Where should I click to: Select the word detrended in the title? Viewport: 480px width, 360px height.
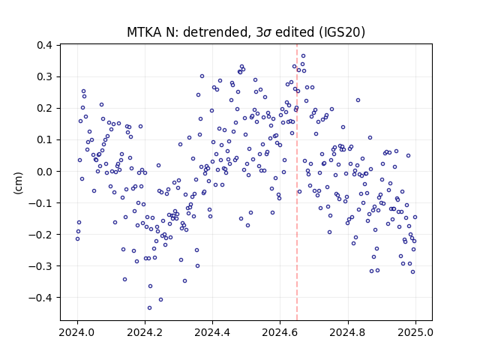216,32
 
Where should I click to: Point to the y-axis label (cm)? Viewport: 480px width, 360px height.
18,183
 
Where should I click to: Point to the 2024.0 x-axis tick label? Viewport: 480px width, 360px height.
77,332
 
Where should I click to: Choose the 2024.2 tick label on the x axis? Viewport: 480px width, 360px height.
145,332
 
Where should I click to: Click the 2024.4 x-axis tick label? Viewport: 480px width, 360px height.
212,332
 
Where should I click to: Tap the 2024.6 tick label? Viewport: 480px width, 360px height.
280,332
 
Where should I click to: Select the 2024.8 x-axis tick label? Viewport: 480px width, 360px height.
348,332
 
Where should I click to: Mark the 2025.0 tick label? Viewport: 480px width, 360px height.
415,332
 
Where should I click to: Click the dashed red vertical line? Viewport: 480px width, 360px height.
297,182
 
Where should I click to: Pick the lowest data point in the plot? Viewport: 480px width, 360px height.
149,307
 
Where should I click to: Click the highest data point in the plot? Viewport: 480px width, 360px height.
303,55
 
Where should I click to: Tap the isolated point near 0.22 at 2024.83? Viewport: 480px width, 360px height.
358,100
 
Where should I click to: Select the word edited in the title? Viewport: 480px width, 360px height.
295,32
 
